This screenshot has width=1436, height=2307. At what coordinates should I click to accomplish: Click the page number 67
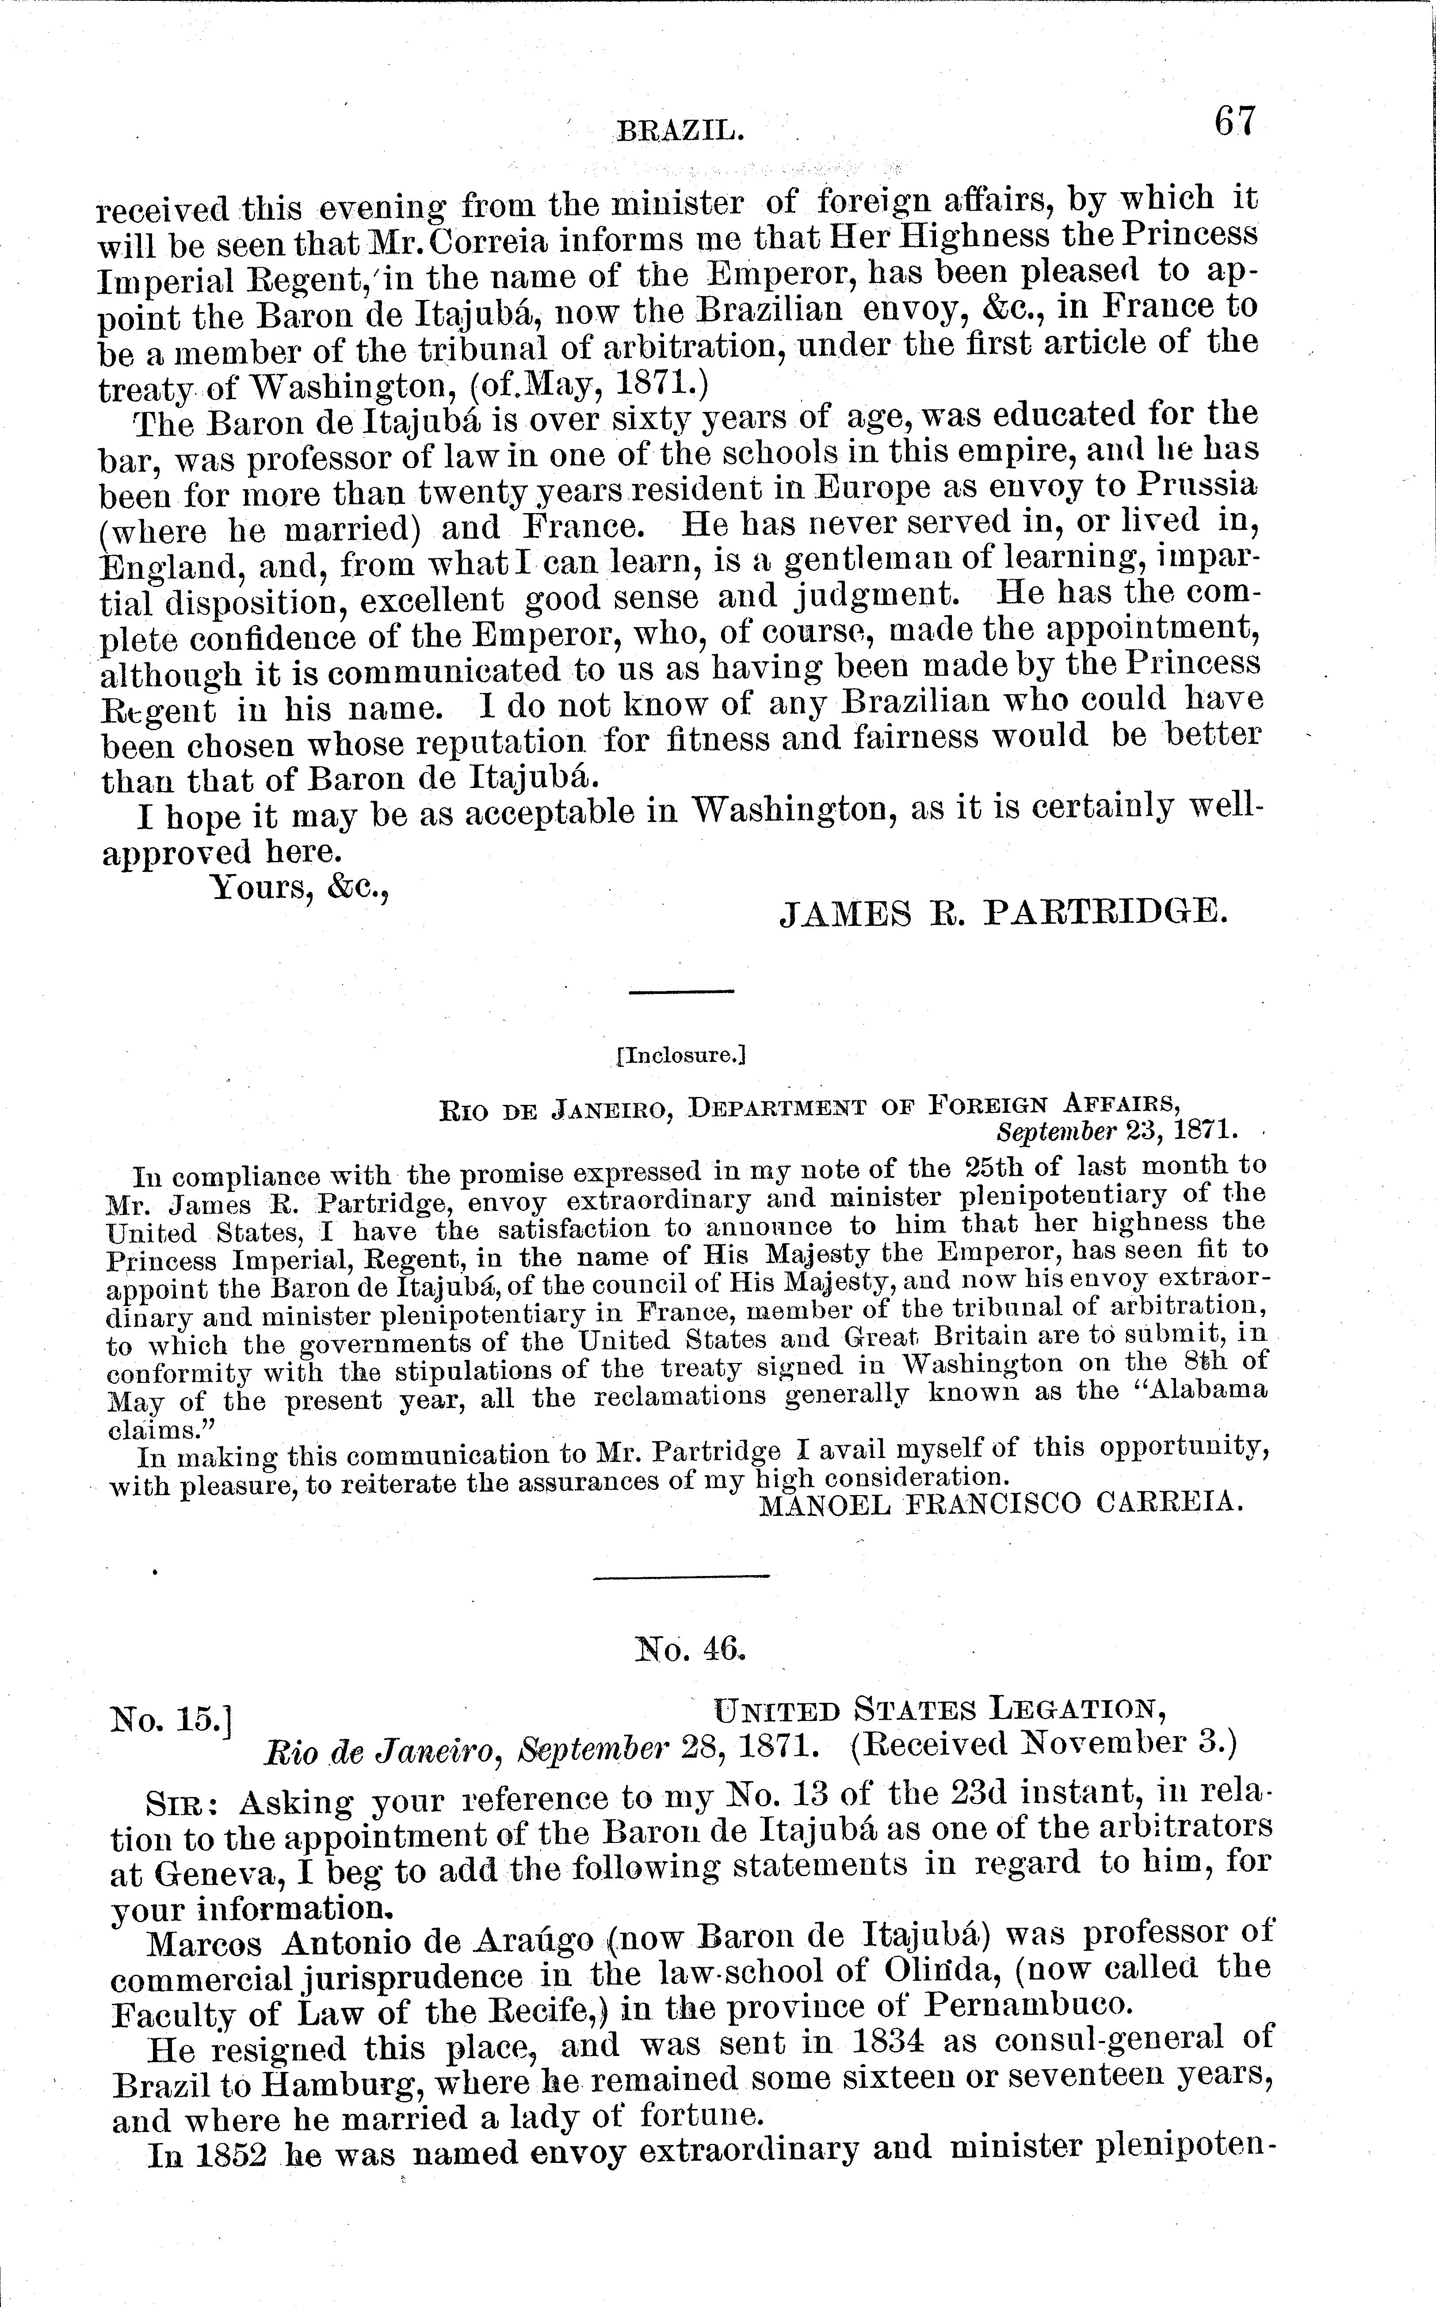tap(1234, 122)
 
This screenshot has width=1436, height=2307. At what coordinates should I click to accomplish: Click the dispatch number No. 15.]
tap(173, 1718)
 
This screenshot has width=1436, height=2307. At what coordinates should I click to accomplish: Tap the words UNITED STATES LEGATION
tap(940, 1710)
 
